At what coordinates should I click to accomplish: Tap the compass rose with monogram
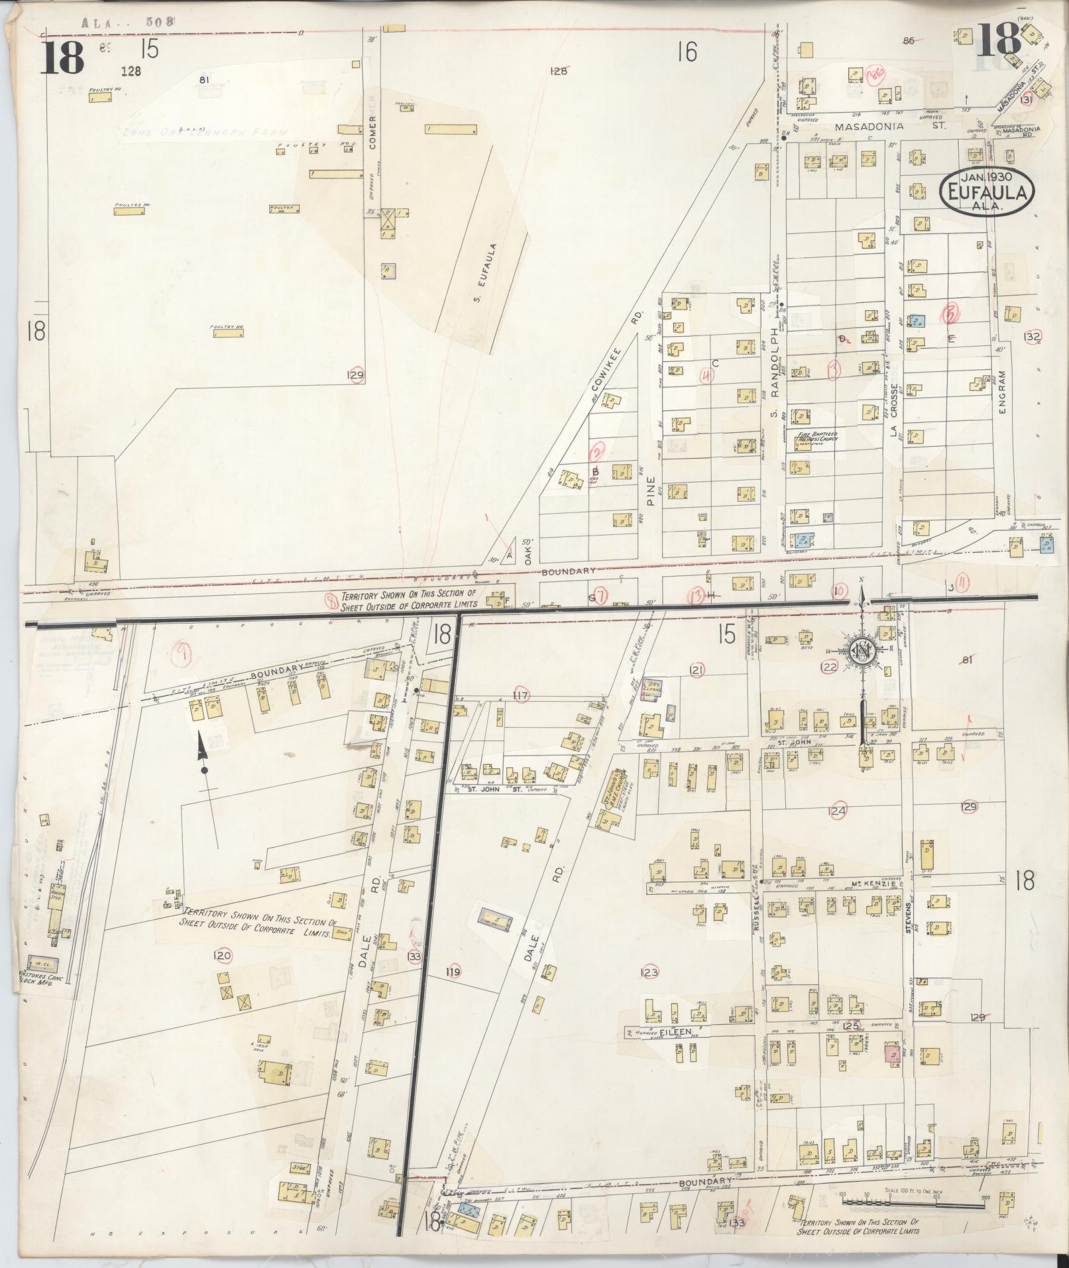[864, 652]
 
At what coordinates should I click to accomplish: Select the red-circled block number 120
[222, 955]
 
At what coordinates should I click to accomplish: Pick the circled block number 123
[649, 972]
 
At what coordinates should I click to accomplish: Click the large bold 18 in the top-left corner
[64, 58]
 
